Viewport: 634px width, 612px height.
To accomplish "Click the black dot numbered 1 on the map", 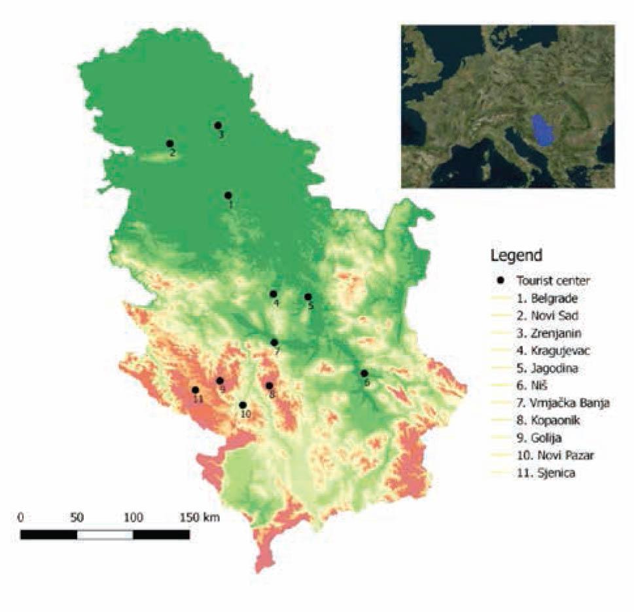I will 228,195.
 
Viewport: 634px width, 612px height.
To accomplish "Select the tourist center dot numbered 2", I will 169,143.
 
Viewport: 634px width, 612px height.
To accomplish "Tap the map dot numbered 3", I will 218,125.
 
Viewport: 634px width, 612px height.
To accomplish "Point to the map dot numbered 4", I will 273,294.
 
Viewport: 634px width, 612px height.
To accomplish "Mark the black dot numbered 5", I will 308,296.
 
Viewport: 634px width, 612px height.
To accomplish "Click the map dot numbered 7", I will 274,342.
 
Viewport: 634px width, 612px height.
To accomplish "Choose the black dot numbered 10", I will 243,405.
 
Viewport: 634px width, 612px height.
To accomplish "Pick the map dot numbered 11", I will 195,390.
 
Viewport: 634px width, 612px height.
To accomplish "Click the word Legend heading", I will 516,254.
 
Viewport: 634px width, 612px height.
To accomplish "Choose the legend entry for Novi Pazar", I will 547,456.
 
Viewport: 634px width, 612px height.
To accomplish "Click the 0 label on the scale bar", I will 22,517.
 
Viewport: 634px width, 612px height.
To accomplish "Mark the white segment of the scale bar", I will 105,534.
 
